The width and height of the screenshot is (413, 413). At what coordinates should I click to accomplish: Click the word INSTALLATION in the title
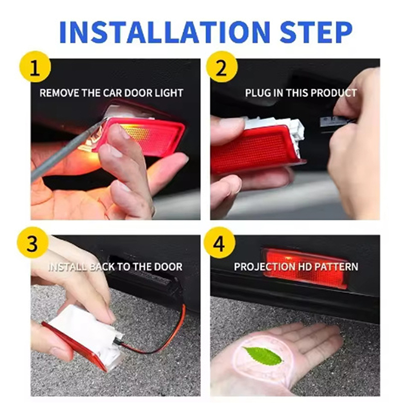click(x=165, y=32)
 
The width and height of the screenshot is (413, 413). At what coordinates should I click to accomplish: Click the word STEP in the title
click(x=316, y=32)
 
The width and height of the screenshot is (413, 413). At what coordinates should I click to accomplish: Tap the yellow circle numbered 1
click(x=35, y=67)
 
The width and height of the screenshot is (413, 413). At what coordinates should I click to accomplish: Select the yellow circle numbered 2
click(x=221, y=67)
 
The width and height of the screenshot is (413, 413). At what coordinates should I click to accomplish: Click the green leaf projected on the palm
click(x=263, y=356)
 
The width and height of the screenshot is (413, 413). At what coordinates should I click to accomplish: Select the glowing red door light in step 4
click(x=306, y=268)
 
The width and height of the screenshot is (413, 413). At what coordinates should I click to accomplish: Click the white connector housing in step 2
click(x=276, y=131)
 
